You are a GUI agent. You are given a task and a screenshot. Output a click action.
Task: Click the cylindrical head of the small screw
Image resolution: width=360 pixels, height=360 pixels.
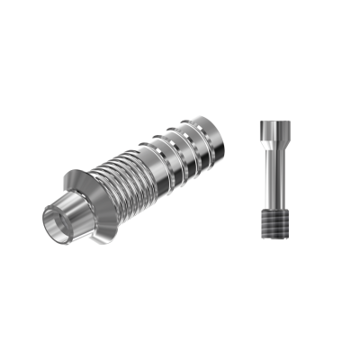click(x=271, y=125)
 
